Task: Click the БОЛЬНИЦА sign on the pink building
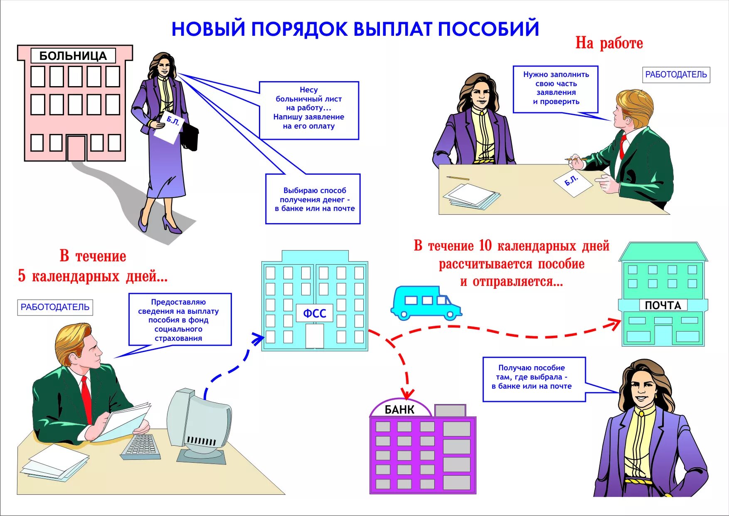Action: [x=73, y=56]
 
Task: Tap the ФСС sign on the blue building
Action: [x=315, y=313]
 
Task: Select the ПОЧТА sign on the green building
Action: [x=663, y=305]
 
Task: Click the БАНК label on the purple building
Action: [x=399, y=410]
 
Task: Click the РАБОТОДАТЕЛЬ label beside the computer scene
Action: [x=55, y=308]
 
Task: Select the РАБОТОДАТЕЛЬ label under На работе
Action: [x=676, y=75]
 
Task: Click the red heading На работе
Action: [x=609, y=43]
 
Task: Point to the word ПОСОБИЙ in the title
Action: [x=488, y=29]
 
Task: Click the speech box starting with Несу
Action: [x=309, y=110]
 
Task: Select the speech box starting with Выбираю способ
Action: [x=313, y=199]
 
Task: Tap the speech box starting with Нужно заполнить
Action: [x=556, y=89]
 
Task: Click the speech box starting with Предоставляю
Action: [x=180, y=319]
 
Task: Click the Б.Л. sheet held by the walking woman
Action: [x=168, y=126]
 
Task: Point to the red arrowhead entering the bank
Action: [x=408, y=394]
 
